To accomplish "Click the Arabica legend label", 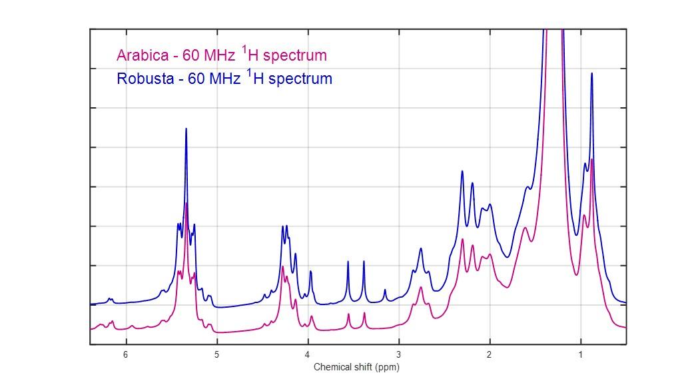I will tap(221, 55).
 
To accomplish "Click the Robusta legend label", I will tap(224, 79).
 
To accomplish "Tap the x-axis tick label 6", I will tap(125, 355).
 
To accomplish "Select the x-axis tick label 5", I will tap(216, 355).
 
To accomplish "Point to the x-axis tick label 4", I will tap(308, 355).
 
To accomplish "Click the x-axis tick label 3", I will tap(398, 355).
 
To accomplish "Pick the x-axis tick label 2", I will tap(490, 355).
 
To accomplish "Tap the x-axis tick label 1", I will tap(581, 355).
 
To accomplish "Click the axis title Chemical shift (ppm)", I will tap(356, 367).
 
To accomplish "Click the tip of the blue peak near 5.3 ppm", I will tap(186, 129).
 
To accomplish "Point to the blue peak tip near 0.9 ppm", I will tap(591, 73).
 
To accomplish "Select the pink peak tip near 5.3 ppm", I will tap(186, 202).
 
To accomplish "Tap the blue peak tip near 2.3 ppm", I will tap(462, 171).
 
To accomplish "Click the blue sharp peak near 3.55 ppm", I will tap(348, 262).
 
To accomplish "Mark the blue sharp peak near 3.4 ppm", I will tap(364, 261).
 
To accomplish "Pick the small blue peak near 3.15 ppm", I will tap(385, 290).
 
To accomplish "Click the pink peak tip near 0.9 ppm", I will tap(591, 159).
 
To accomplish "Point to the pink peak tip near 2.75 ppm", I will tap(421, 287).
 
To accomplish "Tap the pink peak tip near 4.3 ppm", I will tap(282, 266).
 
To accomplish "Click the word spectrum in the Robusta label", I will tap(300, 79).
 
